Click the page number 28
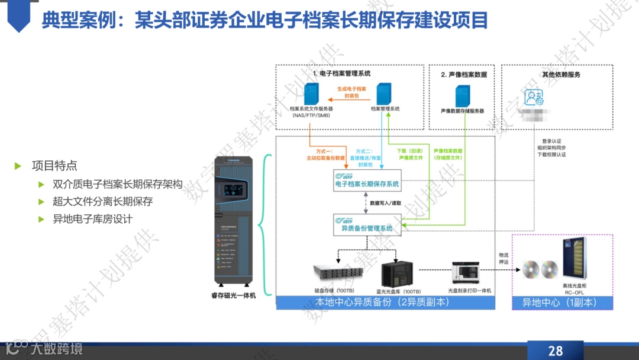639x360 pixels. point(555,351)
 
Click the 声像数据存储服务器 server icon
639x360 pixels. point(462,95)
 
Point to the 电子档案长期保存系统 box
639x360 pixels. point(367,180)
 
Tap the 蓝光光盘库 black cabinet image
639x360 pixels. point(397,274)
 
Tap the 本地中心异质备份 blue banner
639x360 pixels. point(385,303)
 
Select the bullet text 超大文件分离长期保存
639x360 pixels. point(103,201)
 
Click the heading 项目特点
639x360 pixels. point(54,166)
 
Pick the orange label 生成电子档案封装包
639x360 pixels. point(351,92)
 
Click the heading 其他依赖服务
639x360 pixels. point(561,75)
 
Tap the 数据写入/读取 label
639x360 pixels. point(386,202)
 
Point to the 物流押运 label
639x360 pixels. point(504,258)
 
